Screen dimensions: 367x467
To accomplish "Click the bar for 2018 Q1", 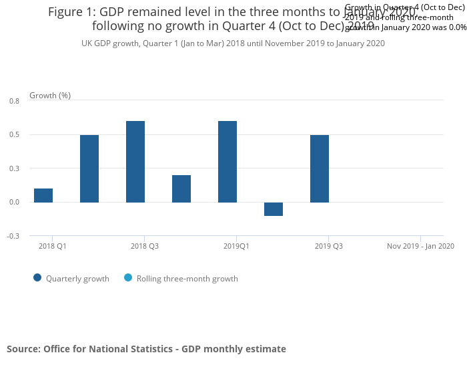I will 43,195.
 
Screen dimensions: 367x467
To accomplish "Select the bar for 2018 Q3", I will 135,161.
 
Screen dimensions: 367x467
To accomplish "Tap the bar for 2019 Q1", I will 227,161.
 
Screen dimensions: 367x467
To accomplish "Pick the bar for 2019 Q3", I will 320,168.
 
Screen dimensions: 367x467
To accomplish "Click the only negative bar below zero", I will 274,209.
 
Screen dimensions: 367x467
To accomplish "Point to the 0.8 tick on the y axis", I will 15,101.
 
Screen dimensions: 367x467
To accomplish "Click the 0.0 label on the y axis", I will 15,203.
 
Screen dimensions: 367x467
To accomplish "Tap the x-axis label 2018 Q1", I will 52,246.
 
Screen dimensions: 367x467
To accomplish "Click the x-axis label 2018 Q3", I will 145,246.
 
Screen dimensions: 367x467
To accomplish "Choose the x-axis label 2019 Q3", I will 329,246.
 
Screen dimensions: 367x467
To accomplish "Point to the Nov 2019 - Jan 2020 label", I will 420,246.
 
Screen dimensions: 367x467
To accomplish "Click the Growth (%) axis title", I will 50,96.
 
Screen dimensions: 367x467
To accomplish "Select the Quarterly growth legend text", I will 77,279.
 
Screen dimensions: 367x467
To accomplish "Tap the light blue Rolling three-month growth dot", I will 128,278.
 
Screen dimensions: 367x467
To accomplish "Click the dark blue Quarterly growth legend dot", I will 37,278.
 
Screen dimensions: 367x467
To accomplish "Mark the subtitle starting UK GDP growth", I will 233,43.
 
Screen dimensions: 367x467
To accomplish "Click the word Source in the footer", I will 23,349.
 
